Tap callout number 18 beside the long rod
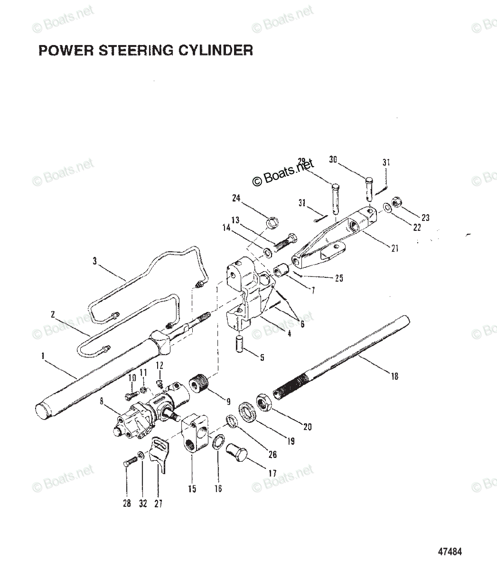[395, 376]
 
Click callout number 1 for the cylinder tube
[43, 356]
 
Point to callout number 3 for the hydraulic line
[95, 261]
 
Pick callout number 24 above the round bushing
[236, 198]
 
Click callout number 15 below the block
[192, 489]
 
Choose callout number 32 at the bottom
[143, 504]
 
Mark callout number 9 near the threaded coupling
[228, 401]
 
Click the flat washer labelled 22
[386, 208]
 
